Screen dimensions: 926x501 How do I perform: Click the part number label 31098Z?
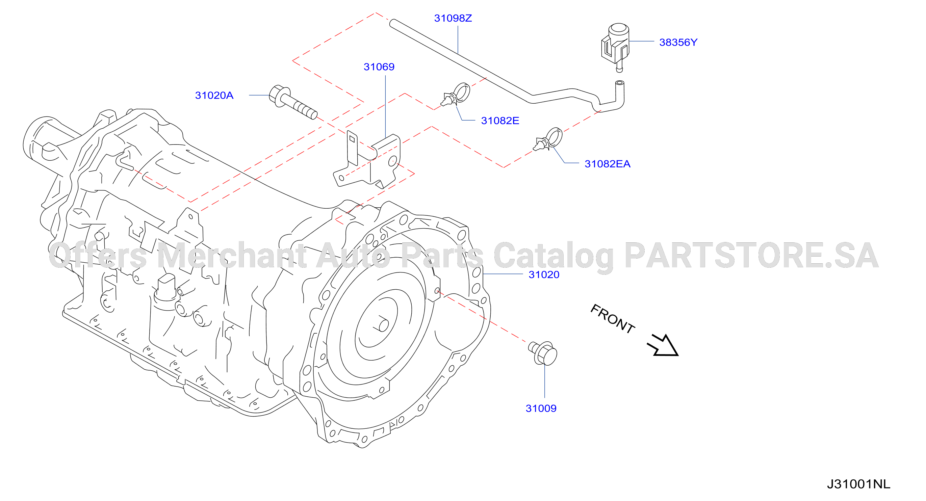coord(453,18)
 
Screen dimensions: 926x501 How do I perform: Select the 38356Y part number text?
coord(678,43)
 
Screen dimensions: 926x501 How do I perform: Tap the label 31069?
coord(379,67)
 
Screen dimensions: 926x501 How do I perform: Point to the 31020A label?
coord(214,95)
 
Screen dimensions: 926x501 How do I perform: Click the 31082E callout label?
coord(500,121)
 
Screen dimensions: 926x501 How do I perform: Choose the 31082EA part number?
coord(608,164)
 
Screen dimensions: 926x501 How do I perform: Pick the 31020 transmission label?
coord(544,274)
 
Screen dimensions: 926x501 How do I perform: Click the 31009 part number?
coord(541,408)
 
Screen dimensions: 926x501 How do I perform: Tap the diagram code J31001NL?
coord(858,484)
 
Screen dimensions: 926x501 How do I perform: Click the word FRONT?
coord(613,318)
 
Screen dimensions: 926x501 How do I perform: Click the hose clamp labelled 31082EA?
coord(548,139)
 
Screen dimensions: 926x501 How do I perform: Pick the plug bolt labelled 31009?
coord(543,353)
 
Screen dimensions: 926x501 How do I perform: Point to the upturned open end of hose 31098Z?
coord(619,83)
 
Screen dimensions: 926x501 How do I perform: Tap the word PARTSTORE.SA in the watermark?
coord(752,255)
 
